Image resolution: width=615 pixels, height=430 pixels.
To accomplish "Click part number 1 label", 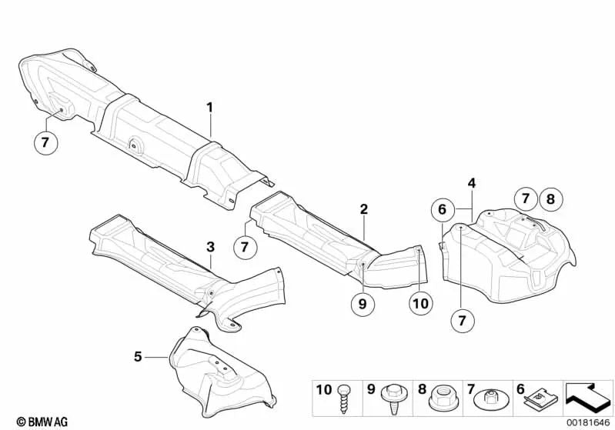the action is coord(210,108).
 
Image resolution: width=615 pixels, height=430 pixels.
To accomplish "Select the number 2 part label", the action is coord(364,209).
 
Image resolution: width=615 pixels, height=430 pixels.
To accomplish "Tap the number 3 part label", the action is coord(211,248).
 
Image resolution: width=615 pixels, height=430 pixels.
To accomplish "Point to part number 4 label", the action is coord(471,183).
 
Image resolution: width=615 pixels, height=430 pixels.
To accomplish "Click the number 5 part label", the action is coord(138,357).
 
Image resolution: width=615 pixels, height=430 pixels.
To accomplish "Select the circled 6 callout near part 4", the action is coord(443,210).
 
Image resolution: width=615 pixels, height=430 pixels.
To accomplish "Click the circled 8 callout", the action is coord(550,199).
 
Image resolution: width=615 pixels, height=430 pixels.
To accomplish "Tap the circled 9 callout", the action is coord(363,303).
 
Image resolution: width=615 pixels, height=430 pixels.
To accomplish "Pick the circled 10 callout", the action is coord(421,303).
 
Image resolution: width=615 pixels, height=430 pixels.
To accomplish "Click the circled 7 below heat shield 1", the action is coord(45,142).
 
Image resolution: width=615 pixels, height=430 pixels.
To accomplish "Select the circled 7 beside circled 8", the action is coord(526,198).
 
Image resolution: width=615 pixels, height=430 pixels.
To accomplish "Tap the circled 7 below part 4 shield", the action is coord(462,321).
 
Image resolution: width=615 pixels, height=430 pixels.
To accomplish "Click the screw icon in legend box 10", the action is coord(343,398).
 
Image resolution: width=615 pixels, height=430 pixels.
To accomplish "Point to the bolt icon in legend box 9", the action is coord(393,398).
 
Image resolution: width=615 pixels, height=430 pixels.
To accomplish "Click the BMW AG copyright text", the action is coord(42,422).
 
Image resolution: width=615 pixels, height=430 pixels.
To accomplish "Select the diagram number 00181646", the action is coord(589,422).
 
